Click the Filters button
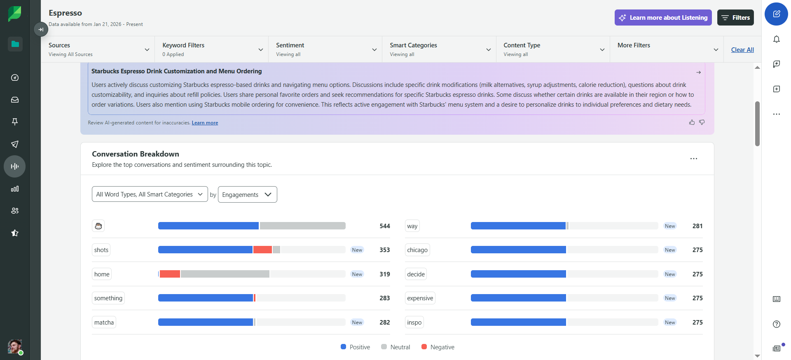pos(735,18)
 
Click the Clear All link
pos(742,50)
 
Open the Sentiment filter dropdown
pos(326,49)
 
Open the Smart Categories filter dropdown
pos(440,49)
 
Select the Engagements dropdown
pos(247,194)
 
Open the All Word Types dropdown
pos(150,194)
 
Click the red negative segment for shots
pos(262,250)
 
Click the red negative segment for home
pos(170,274)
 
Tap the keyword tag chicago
pos(417,250)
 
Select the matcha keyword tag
pos(104,322)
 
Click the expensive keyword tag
pos(420,298)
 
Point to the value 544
pos(385,226)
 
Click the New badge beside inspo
pos(670,323)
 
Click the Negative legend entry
pos(438,347)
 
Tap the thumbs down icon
pos(702,122)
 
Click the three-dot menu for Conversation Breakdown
pos(694,159)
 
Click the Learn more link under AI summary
pos(205,123)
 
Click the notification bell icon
pos(777,40)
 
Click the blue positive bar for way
pos(518,226)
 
